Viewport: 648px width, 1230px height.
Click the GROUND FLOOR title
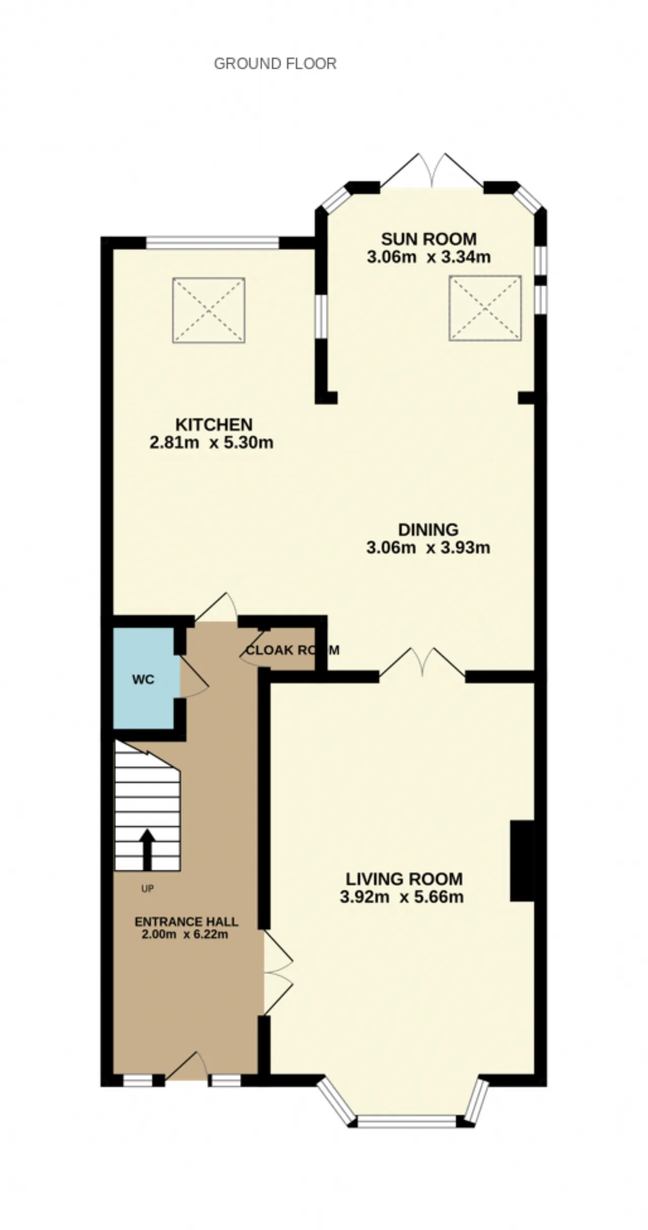(275, 64)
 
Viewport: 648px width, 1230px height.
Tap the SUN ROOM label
(429, 239)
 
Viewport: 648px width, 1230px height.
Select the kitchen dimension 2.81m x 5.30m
(212, 443)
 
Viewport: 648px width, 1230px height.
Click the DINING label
(428, 530)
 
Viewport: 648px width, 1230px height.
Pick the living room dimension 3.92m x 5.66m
(402, 897)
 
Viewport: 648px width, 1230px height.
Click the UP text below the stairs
(147, 889)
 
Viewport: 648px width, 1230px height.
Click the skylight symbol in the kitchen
(209, 310)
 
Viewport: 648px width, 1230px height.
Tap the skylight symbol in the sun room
(485, 307)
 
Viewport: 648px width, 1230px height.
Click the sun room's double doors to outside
(431, 170)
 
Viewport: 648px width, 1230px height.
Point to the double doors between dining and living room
(422, 662)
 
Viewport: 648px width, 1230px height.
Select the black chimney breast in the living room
(522, 861)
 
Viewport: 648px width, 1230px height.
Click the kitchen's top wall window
(213, 243)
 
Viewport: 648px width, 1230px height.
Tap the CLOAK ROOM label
(293, 650)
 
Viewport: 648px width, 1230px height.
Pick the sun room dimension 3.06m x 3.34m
(429, 257)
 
